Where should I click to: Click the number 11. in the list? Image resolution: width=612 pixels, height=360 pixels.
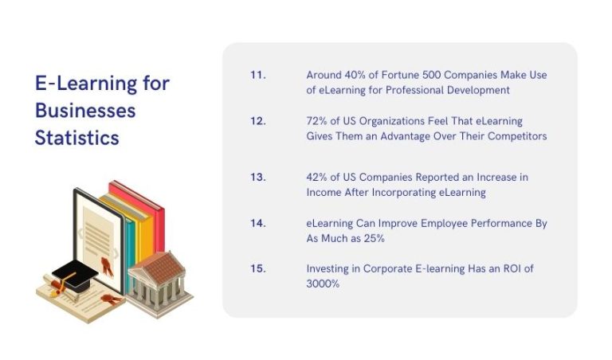257,75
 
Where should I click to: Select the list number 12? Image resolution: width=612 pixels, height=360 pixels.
257,121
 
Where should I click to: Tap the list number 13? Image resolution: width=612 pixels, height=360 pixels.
257,177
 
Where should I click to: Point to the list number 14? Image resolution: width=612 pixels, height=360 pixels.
257,223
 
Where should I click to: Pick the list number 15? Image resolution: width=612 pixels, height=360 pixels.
257,269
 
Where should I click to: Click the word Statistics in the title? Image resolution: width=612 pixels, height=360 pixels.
76,138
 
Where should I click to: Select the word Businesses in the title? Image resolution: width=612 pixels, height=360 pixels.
84,110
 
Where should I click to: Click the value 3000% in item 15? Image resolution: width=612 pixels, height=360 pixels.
323,284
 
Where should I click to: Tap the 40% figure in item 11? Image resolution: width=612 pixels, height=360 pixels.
355,75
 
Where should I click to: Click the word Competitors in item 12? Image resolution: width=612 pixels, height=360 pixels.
517,136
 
